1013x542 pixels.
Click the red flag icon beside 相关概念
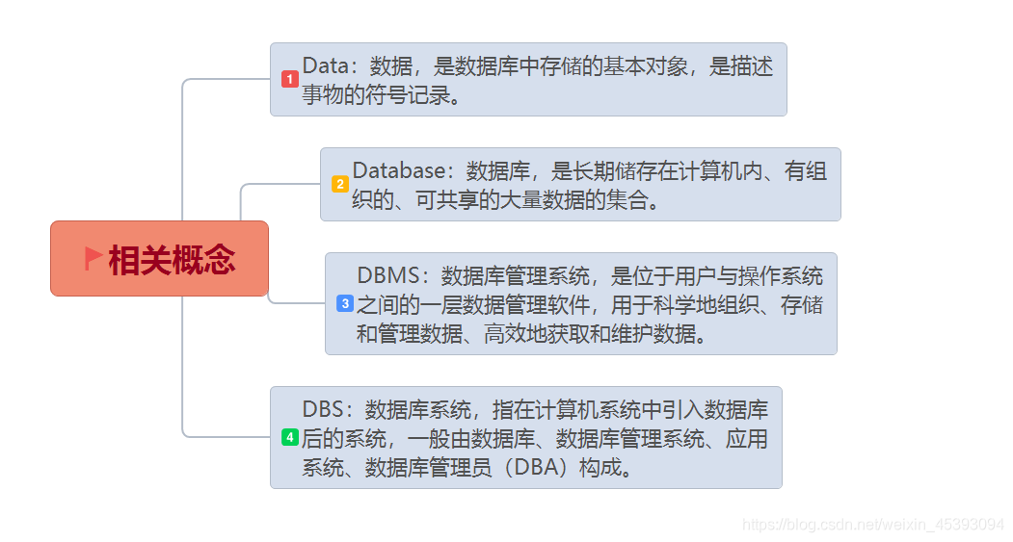click(x=93, y=258)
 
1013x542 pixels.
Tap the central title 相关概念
click(x=172, y=260)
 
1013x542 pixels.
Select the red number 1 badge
click(x=289, y=79)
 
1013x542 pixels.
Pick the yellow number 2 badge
click(x=339, y=184)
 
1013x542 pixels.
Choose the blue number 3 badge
click(x=345, y=303)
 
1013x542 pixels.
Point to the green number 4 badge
click(x=289, y=437)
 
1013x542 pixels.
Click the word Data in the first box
click(x=323, y=66)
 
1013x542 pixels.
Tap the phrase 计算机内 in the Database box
click(x=717, y=171)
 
